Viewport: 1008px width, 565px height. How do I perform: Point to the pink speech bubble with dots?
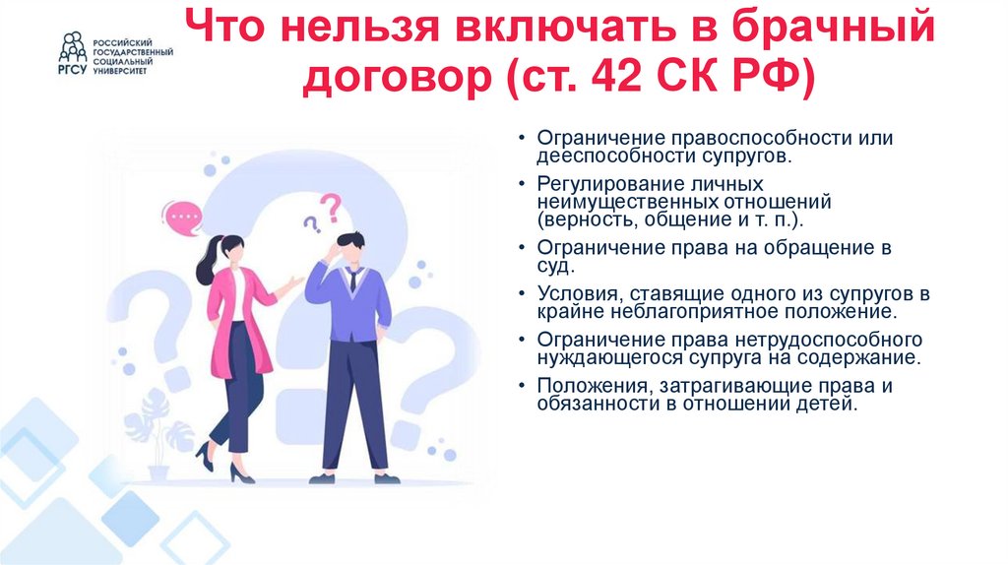pyautogui.click(x=183, y=216)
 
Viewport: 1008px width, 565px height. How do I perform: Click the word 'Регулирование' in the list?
pyautogui.click(x=601, y=184)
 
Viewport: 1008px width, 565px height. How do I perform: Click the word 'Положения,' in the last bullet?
pyautogui.click(x=588, y=385)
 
